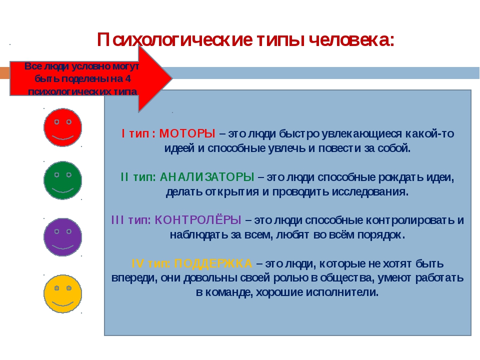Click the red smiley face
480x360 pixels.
point(63,127)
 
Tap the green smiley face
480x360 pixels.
point(63,180)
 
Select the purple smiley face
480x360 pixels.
point(63,237)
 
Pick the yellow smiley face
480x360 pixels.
point(63,293)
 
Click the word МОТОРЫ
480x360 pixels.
point(187,133)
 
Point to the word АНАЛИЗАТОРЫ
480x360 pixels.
point(207,177)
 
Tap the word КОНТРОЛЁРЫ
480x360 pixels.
point(198,220)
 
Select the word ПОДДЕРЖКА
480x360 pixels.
point(213,263)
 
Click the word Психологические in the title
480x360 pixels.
point(175,40)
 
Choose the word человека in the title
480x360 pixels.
point(351,40)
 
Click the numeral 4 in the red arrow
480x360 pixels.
point(128,78)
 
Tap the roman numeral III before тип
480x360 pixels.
point(117,220)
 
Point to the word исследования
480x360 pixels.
point(370,192)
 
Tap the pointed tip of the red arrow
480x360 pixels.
point(172,78)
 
